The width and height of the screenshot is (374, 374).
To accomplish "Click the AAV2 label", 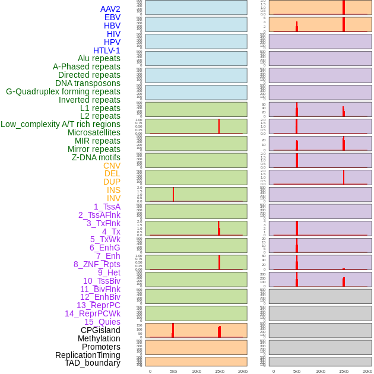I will (x=110, y=9).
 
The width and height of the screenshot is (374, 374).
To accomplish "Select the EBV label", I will (x=112, y=17).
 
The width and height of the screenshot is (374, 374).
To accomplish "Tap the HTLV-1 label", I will (x=106, y=50).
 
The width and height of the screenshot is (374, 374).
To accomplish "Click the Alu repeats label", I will (x=99, y=58).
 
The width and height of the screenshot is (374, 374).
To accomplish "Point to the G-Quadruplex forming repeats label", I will (x=63, y=91).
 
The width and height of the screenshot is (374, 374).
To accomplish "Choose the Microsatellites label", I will (x=94, y=132).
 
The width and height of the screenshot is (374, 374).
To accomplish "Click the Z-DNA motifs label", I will (x=96, y=157).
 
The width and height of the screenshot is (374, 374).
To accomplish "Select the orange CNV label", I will (x=112, y=166).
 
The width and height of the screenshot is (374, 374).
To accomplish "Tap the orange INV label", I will (x=113, y=198).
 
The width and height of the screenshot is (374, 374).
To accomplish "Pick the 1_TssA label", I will (x=107, y=207).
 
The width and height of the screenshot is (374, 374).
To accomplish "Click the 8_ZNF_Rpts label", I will (x=97, y=264).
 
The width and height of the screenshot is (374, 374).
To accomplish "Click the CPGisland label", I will (x=100, y=330).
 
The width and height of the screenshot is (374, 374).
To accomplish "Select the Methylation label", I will (x=99, y=338).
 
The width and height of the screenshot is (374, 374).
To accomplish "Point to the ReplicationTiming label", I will (x=87, y=355).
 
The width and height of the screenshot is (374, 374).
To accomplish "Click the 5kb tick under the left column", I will (x=173, y=371).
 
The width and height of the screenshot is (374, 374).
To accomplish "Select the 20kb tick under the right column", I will (x=367, y=371).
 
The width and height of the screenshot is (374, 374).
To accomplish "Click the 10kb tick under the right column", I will (x=321, y=371).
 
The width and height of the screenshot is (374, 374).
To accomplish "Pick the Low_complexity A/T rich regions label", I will (x=61, y=124).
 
